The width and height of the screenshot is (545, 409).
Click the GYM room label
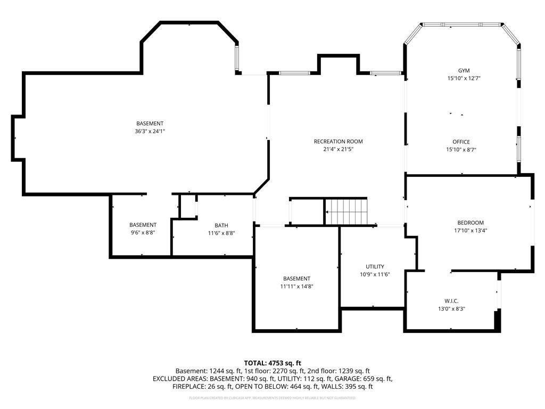pos(464,70)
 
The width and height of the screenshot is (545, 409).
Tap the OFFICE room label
pos(461,142)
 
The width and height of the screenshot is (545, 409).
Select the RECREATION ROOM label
pos(338,142)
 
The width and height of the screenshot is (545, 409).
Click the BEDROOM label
pos(470,223)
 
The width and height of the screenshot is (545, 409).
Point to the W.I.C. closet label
pos(451,301)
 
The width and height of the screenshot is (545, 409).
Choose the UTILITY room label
pos(375,267)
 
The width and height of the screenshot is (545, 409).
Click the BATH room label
pos(221,225)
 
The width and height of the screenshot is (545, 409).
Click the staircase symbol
pos(346,211)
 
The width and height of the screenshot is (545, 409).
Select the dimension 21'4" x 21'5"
pos(338,150)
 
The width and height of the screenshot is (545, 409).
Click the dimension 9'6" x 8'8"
pos(143,233)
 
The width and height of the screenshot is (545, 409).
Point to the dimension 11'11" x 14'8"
pos(296,287)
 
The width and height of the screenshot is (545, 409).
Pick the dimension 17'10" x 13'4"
pos(470,231)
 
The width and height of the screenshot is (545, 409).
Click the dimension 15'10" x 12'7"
pos(464,78)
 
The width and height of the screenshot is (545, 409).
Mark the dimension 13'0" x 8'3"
pos(451,308)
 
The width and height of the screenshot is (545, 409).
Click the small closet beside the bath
pos(188,207)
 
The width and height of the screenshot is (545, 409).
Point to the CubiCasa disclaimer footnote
pos(272,398)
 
